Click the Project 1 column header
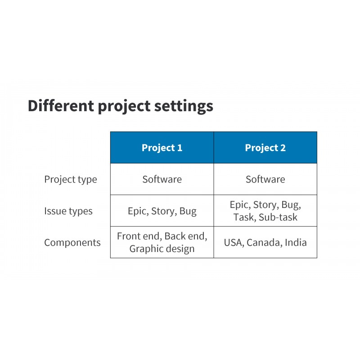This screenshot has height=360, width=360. tap(162, 148)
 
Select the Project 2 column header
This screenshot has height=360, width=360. tap(265, 148)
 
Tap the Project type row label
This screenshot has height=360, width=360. tap(71, 180)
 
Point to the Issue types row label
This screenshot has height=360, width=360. tap(68, 211)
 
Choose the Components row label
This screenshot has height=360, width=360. tap(72, 243)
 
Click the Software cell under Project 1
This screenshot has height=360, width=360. tap(162, 179)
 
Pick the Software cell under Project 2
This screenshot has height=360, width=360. tap(265, 179)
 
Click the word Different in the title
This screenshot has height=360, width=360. tap(61, 106)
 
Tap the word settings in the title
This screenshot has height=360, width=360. tap(184, 107)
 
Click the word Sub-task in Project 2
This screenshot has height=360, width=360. tap(278, 217)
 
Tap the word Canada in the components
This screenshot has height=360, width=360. tap(264, 243)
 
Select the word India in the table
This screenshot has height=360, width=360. tap(296, 243)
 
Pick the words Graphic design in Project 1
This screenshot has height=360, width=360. tap(162, 249)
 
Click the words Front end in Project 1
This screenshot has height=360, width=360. tap(139, 236)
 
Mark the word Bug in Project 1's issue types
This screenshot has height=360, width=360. tap(188, 211)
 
